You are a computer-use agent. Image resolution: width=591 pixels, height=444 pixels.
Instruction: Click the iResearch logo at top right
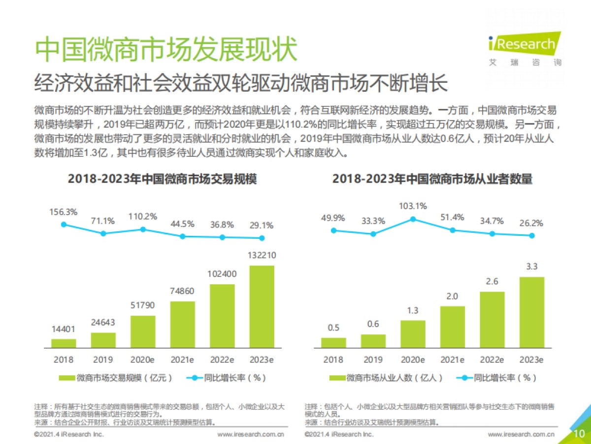click(524, 49)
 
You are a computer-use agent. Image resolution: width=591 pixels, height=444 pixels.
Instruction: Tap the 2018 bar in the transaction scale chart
click(64, 342)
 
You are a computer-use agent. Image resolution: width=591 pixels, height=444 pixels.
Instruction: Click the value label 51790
click(143, 306)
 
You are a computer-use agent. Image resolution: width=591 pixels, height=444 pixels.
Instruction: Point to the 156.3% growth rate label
click(63, 212)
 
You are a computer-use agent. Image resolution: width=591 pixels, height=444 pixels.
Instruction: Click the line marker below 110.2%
click(143, 229)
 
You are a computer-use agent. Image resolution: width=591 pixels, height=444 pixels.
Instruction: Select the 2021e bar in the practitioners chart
click(453, 327)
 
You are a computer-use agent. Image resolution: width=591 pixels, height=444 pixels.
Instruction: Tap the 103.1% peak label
click(413, 206)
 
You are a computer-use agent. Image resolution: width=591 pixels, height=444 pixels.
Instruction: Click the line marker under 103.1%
click(413, 219)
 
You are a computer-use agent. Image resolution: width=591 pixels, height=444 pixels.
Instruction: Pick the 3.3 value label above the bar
click(532, 267)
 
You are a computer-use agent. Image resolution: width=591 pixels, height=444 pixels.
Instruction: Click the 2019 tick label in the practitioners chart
click(373, 360)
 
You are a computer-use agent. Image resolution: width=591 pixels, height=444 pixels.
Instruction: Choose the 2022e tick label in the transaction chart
click(222, 360)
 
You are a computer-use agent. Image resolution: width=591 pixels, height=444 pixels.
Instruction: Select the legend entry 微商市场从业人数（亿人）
click(387, 378)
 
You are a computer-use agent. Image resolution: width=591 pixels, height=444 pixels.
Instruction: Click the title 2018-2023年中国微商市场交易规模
click(162, 179)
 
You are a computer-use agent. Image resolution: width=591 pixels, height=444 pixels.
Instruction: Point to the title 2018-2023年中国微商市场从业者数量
click(432, 179)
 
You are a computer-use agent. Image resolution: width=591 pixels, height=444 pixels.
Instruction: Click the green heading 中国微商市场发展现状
click(166, 48)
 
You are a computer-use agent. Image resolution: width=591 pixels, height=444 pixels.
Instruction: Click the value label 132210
click(262, 256)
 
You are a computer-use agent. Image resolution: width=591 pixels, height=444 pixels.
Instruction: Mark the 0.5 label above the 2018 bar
click(333, 328)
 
